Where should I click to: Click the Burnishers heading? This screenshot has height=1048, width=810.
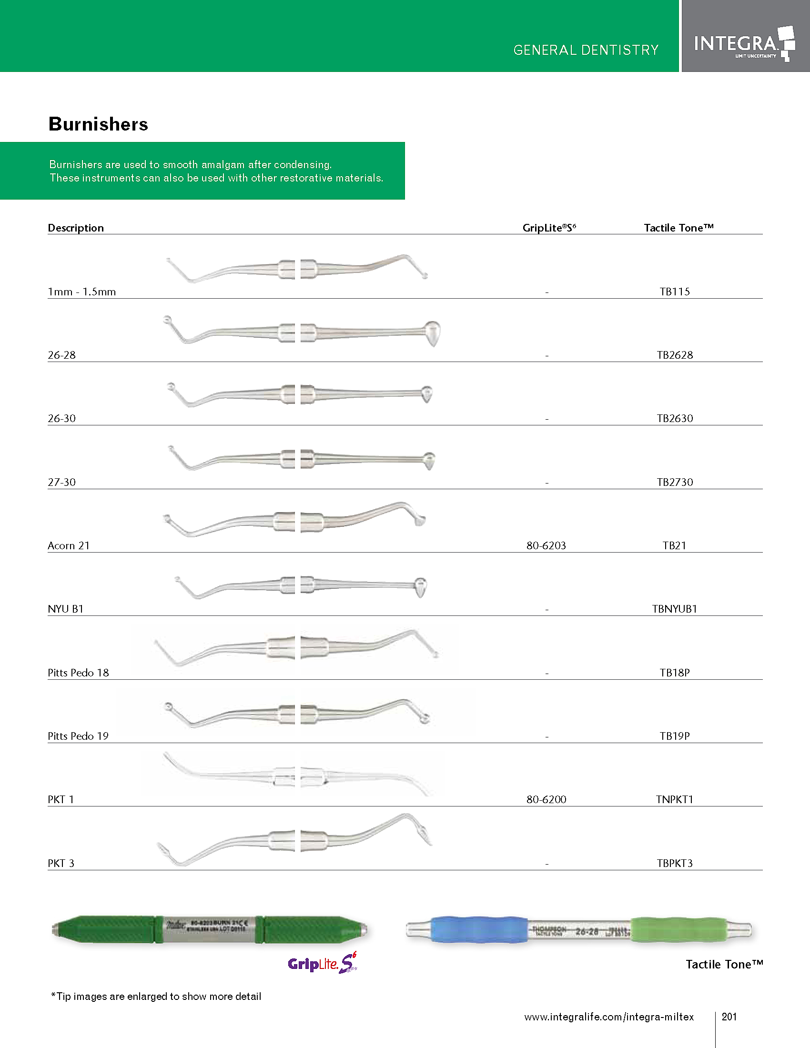tap(98, 124)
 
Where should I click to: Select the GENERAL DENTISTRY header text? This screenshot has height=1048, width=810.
tap(586, 50)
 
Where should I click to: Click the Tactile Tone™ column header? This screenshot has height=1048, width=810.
tap(678, 228)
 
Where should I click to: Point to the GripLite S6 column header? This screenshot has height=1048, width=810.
tap(549, 228)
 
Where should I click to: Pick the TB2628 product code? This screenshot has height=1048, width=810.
tap(675, 355)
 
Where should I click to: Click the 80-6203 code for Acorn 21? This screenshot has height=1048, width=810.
tap(546, 545)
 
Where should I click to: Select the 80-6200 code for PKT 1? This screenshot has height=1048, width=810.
tap(546, 799)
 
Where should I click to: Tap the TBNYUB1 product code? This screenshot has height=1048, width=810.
tap(674, 609)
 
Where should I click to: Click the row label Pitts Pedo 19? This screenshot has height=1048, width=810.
tap(78, 736)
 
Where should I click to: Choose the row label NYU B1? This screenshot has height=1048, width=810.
tap(66, 609)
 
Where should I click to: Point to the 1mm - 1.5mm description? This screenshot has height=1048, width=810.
tap(82, 292)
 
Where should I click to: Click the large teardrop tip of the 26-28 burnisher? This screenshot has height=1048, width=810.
tap(432, 333)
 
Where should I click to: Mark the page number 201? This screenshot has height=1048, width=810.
tap(729, 1017)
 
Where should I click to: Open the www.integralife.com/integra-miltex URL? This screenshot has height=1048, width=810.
tap(609, 1017)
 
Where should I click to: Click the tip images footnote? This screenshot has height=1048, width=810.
tap(156, 996)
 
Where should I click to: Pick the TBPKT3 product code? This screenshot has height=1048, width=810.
tap(675, 863)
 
